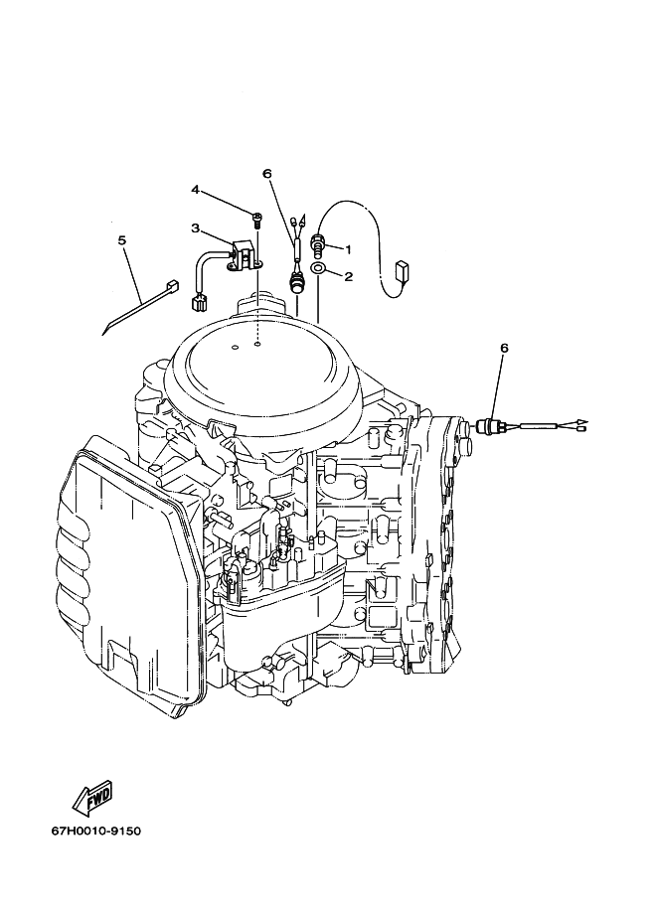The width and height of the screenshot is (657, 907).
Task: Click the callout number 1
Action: (348, 249)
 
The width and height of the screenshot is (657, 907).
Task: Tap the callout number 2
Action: (348, 276)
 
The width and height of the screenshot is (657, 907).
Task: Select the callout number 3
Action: (196, 227)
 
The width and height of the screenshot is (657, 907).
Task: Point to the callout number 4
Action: (196, 190)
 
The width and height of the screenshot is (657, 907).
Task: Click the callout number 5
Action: (121, 239)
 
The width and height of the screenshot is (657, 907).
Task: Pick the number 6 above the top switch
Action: (266, 174)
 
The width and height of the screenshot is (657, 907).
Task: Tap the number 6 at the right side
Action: (504, 348)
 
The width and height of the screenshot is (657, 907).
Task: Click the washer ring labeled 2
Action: (318, 268)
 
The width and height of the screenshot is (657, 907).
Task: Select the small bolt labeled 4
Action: (256, 219)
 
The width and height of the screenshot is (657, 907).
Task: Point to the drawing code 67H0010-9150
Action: (96, 831)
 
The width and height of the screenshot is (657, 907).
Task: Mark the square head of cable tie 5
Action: (172, 285)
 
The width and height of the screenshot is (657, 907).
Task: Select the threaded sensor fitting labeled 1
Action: (318, 243)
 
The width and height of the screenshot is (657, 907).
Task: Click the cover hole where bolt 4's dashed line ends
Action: (256, 345)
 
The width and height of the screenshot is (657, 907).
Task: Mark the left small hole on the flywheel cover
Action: (234, 348)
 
